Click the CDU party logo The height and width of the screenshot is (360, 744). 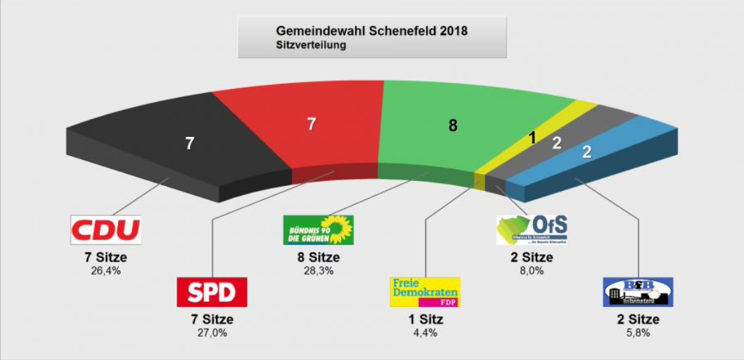105,229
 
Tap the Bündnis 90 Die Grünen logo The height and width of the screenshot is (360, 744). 318,229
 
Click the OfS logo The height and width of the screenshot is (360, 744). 532,229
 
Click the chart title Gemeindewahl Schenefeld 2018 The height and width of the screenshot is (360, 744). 372,31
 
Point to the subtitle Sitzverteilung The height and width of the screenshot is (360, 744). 311,45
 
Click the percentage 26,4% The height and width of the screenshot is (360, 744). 105,271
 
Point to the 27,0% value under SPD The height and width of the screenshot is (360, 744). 212,333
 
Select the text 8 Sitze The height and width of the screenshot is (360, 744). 318,258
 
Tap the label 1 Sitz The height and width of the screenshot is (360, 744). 424,319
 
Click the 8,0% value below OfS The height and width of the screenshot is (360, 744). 531,271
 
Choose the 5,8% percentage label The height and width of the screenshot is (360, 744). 638,333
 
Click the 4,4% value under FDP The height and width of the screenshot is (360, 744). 424,333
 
